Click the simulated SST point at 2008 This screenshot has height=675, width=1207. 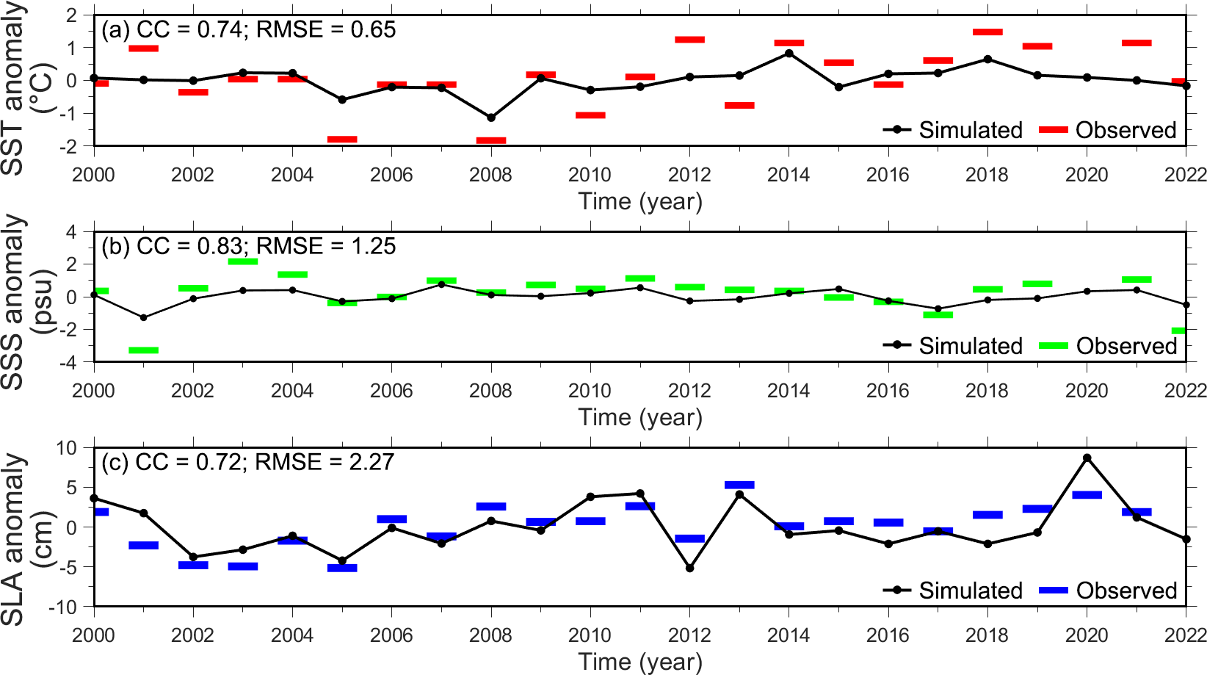click(491, 118)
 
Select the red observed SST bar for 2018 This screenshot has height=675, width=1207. click(987, 32)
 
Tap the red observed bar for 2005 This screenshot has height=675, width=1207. click(342, 139)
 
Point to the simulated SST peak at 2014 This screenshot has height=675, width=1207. click(789, 53)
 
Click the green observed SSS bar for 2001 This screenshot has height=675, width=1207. click(144, 350)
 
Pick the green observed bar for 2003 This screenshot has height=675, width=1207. click(243, 261)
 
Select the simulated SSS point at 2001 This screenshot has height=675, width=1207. click(144, 318)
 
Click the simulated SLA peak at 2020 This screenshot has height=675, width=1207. click(1087, 458)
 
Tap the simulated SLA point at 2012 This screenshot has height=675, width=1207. click(690, 568)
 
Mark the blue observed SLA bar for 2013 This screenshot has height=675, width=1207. click(739, 485)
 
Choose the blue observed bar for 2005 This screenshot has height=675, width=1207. click(342, 568)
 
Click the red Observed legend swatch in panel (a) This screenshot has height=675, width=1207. click(1054, 130)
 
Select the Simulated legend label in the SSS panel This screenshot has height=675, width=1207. click(971, 346)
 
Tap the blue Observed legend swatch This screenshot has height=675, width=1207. click(1054, 591)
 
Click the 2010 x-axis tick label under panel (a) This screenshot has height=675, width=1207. click(590, 175)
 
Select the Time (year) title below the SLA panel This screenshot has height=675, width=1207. click(640, 662)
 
